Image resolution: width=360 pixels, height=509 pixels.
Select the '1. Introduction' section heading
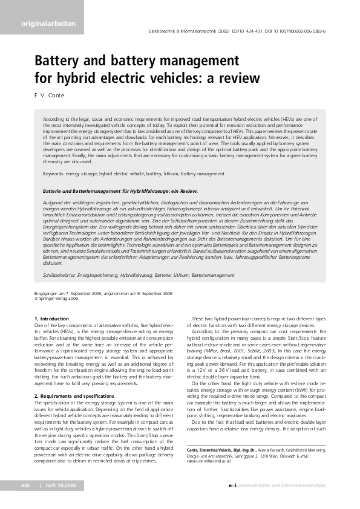[52, 318]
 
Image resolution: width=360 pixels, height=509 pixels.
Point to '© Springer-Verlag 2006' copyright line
[56, 298]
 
